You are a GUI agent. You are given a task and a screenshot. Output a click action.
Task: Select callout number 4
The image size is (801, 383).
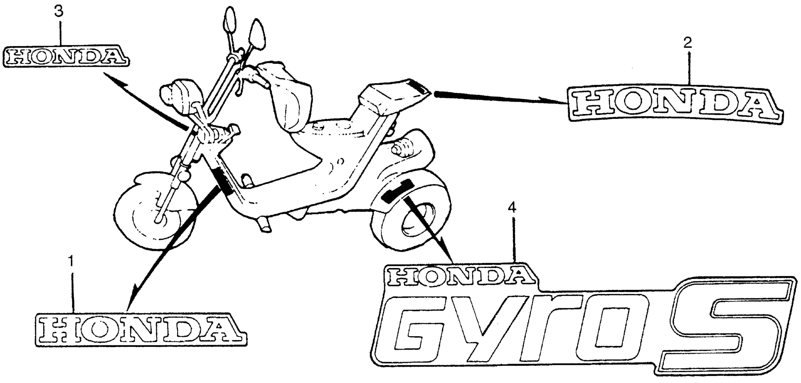512,207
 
